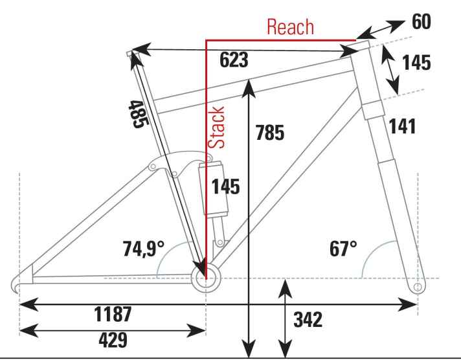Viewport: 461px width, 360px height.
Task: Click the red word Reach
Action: (291, 27)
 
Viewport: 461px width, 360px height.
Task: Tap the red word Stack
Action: (216, 127)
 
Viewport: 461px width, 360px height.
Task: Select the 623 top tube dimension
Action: (234, 60)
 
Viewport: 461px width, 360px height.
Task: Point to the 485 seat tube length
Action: (139, 114)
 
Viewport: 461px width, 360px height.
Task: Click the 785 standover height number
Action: (270, 133)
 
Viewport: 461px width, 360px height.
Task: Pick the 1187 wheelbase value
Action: (113, 314)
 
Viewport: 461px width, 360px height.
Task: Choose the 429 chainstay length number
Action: (113, 340)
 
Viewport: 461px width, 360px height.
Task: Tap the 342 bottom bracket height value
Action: (308, 320)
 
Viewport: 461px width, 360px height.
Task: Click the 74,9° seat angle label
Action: (144, 249)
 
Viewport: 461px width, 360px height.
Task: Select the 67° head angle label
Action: (343, 249)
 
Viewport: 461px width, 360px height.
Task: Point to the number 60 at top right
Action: (422, 21)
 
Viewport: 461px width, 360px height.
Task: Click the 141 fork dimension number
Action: (402, 126)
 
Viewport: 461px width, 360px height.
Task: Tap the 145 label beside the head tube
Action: (416, 62)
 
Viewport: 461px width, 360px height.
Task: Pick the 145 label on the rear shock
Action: (225, 186)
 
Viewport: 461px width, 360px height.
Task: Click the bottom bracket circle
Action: (206, 278)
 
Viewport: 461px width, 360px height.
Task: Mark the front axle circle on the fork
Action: (418, 287)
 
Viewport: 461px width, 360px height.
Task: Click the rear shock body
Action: (214, 188)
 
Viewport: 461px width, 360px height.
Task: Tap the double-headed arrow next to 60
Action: (381, 30)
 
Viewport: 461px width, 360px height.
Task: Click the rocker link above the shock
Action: (179, 164)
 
